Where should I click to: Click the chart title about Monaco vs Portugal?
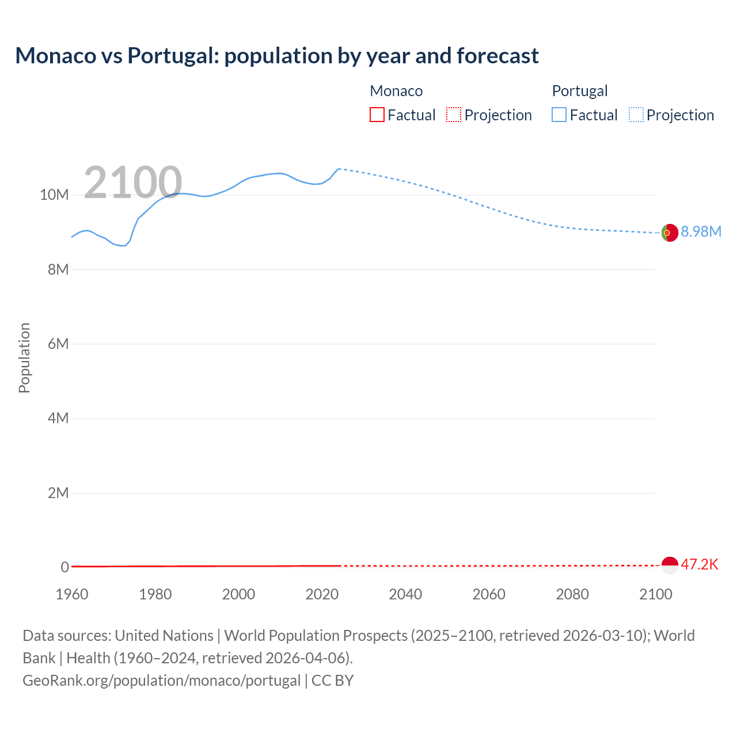click(x=277, y=56)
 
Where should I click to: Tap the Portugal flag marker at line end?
click(x=670, y=233)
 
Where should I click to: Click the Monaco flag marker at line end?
click(x=670, y=565)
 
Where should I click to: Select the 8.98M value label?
click(x=701, y=231)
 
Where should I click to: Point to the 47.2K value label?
click(x=700, y=564)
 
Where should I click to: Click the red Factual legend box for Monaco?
click(x=377, y=115)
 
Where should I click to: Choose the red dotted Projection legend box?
click(x=454, y=115)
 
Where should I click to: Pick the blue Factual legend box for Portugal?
click(x=559, y=115)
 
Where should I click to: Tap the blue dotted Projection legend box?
click(x=636, y=115)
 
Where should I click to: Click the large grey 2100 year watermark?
click(x=133, y=183)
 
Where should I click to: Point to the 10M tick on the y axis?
click(x=54, y=195)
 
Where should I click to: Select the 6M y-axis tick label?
click(x=58, y=344)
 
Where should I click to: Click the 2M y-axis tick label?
click(x=58, y=493)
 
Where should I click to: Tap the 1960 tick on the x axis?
click(x=72, y=594)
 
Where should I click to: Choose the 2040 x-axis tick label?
click(x=405, y=594)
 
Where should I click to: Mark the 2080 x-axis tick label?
click(x=572, y=594)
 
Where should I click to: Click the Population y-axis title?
click(x=24, y=358)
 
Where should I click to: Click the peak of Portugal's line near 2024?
click(x=339, y=169)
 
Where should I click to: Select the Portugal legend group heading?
click(x=580, y=91)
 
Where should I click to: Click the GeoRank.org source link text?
click(x=162, y=681)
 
